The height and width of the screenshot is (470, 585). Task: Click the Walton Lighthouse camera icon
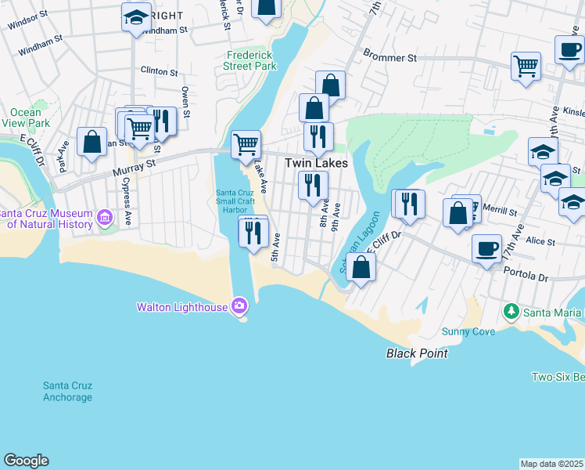tap(238, 305)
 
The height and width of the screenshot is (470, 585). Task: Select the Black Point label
tap(417, 353)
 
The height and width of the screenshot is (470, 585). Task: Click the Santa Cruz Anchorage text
tap(67, 392)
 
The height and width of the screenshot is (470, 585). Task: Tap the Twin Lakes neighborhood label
tap(315, 163)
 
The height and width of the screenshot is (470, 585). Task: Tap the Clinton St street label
tap(159, 71)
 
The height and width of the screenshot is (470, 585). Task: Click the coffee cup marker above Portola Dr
tap(486, 249)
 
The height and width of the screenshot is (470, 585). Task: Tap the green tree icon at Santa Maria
tap(511, 313)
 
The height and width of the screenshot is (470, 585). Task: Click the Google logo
tap(26, 461)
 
